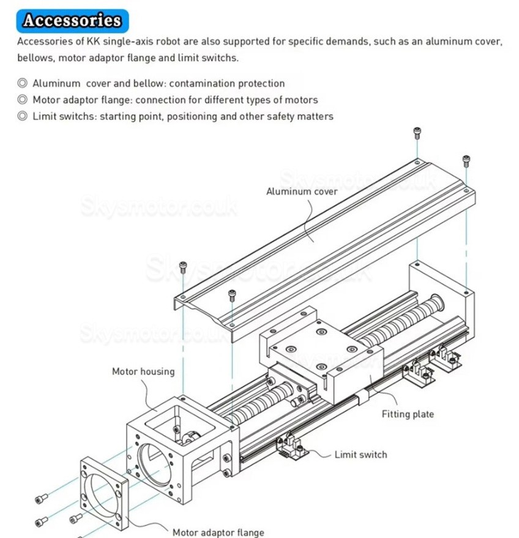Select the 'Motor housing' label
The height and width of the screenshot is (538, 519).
143,372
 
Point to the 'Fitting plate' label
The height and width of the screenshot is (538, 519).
408,414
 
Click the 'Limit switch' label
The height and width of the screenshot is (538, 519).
360,455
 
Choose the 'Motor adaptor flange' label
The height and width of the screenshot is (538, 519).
218,532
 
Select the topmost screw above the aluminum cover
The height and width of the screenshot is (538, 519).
417,132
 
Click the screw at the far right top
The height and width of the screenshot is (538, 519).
466,160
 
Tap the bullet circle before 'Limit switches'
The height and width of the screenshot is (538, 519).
22,116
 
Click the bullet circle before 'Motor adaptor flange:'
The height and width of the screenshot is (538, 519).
22,100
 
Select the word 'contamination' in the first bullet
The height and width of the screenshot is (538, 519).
203,83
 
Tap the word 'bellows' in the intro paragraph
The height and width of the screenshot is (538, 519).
34,58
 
